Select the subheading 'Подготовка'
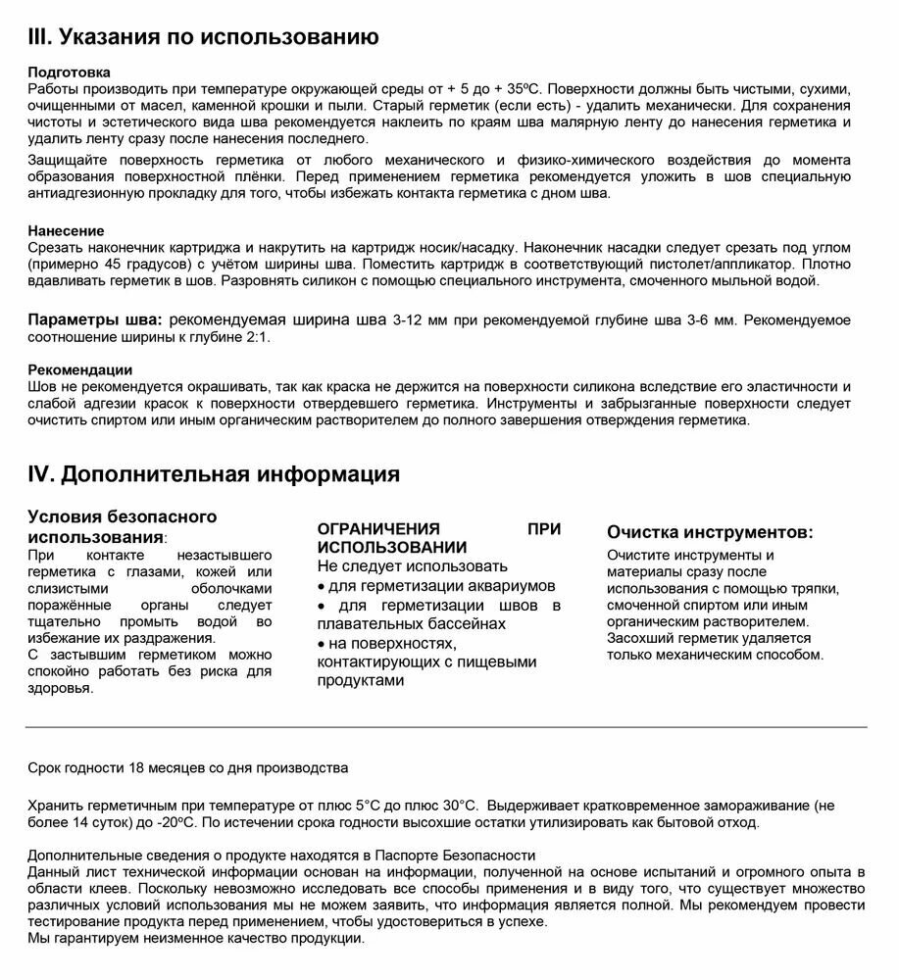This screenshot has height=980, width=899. click(x=69, y=73)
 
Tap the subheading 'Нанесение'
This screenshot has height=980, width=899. click(x=67, y=231)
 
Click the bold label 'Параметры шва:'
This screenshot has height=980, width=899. click(x=94, y=320)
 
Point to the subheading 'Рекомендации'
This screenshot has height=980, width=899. click(x=80, y=369)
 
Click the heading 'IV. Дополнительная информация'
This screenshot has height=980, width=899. click(x=214, y=474)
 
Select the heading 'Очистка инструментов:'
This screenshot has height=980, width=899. click(x=709, y=532)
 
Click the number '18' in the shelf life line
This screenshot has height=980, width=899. click(x=138, y=767)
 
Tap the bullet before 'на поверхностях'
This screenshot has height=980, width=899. click(x=322, y=644)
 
